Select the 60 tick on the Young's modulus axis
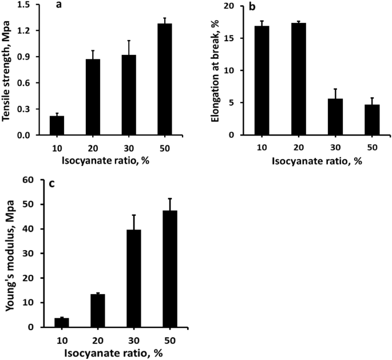click(x=41, y=180)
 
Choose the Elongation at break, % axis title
click(x=216, y=70)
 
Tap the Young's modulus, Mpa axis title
click(x=10, y=253)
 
